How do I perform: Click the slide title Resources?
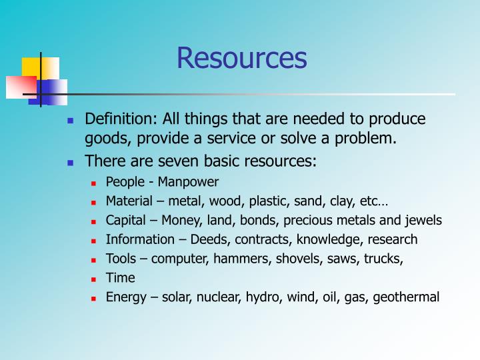click(241, 58)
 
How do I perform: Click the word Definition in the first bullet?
click(117, 119)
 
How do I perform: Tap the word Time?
click(120, 278)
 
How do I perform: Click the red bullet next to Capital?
click(95, 221)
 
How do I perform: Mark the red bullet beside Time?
click(95, 279)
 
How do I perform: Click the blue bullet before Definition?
click(70, 121)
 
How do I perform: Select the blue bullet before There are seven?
click(70, 162)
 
